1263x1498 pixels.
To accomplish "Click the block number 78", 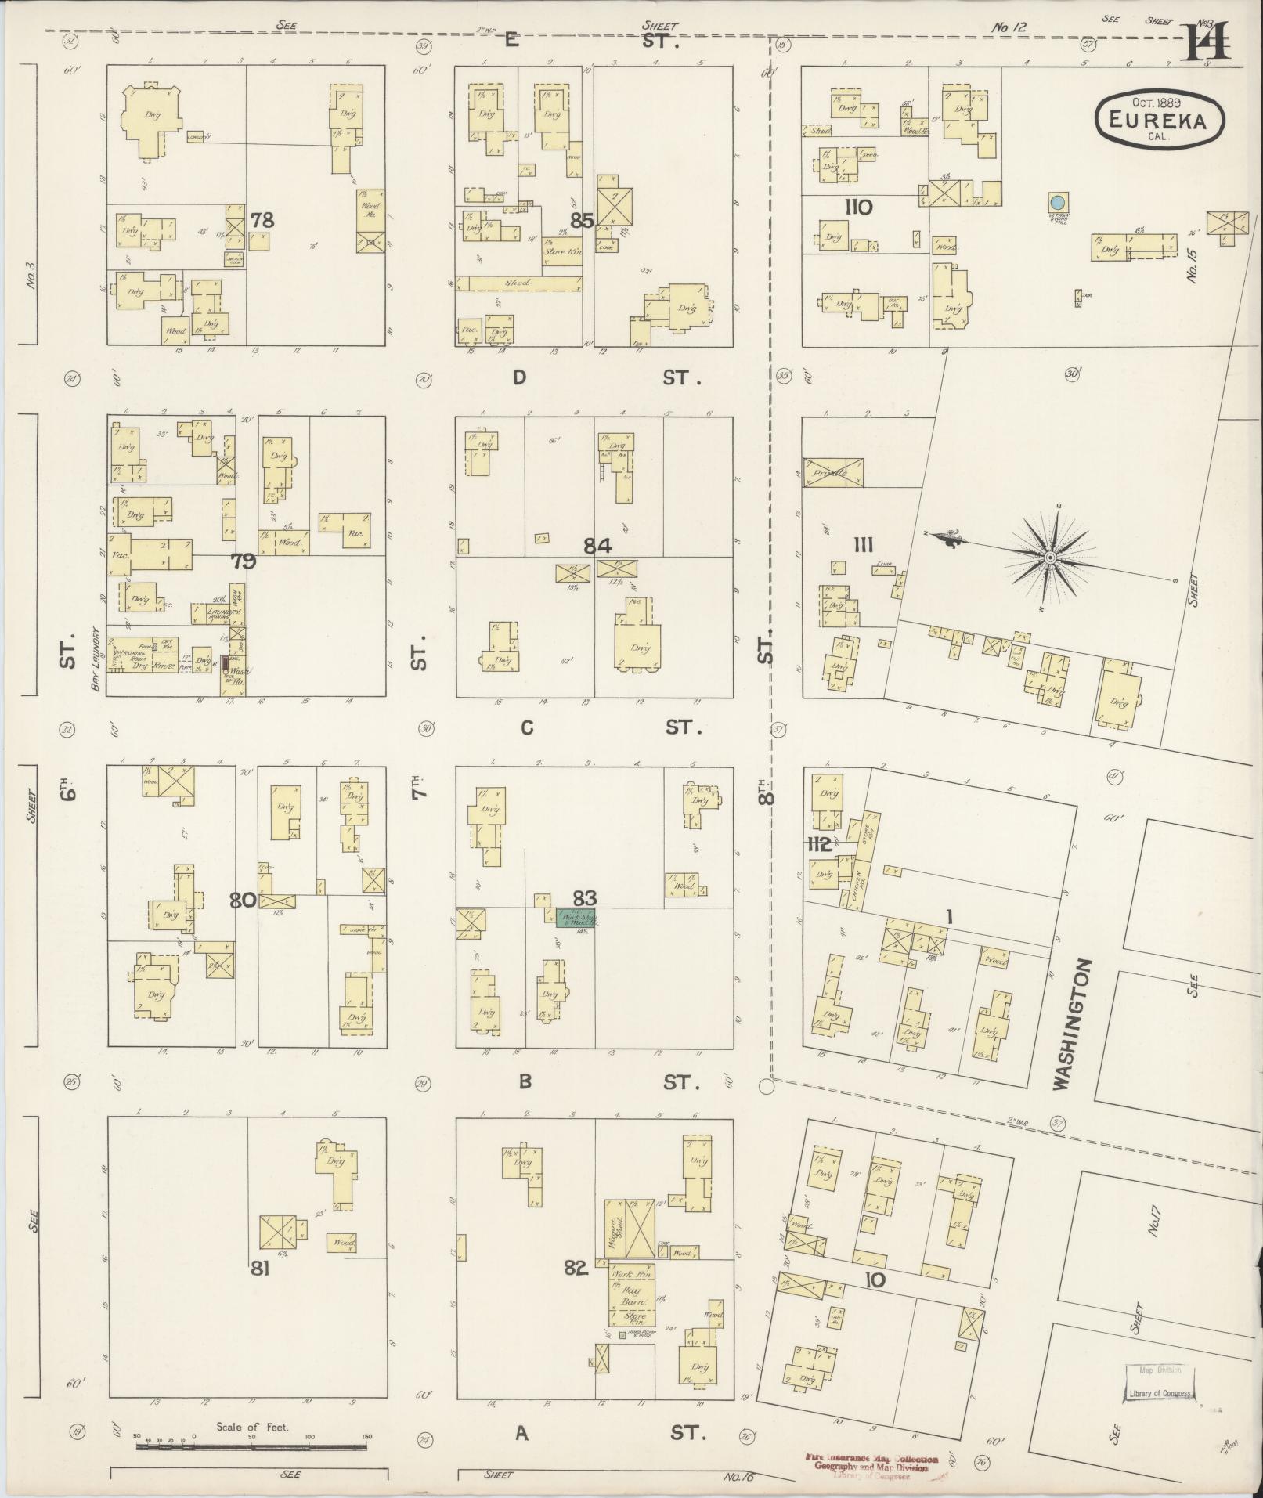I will [x=262, y=220].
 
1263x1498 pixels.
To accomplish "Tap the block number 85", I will [x=581, y=221].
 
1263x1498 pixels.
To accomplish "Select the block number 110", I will [x=859, y=208].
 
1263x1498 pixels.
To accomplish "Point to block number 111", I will [x=864, y=546].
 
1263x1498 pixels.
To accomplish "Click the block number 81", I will [x=260, y=1269].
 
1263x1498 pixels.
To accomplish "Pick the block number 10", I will [x=875, y=1280].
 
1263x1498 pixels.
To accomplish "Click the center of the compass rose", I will [x=1049, y=558].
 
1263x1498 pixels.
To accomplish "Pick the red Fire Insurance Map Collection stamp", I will [x=871, y=1463].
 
